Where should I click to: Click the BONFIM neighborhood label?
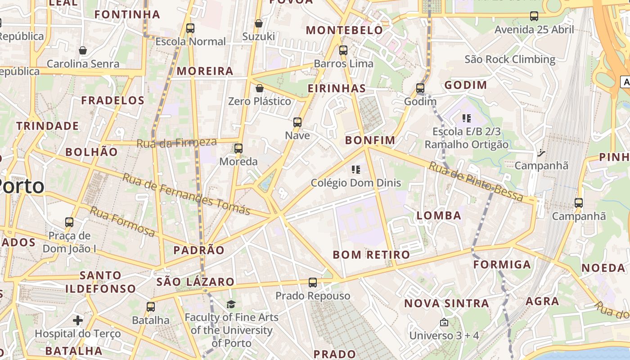pyautogui.click(x=370, y=140)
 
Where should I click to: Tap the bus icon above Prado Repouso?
pyautogui.click(x=313, y=283)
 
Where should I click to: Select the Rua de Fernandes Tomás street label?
pyautogui.click(x=186, y=194)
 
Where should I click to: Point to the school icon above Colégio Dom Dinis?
pyautogui.click(x=356, y=170)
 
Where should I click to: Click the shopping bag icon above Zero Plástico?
pyautogui.click(x=259, y=88)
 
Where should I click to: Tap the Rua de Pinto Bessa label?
pyautogui.click(x=476, y=182)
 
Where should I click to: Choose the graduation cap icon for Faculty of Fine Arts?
pyautogui.click(x=231, y=304)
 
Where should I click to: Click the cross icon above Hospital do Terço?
pyautogui.click(x=78, y=320)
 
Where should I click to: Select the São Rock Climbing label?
pyautogui.click(x=510, y=59)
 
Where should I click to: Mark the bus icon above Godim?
pyautogui.click(x=420, y=88)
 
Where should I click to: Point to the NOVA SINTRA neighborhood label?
pyautogui.click(x=446, y=303)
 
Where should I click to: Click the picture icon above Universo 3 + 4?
pyautogui.click(x=444, y=322)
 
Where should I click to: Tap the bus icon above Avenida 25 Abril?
pyautogui.click(x=534, y=16)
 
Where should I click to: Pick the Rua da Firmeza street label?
pyautogui.click(x=176, y=143)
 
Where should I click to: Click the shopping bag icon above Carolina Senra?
pyautogui.click(x=83, y=50)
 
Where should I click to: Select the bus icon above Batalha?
pyautogui.click(x=151, y=307)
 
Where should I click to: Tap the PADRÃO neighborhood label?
pyautogui.click(x=199, y=251)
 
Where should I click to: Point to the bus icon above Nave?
pyautogui.click(x=297, y=122)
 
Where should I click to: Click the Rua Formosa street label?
pyautogui.click(x=122, y=221)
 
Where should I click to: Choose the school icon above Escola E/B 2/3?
pyautogui.click(x=467, y=118)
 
